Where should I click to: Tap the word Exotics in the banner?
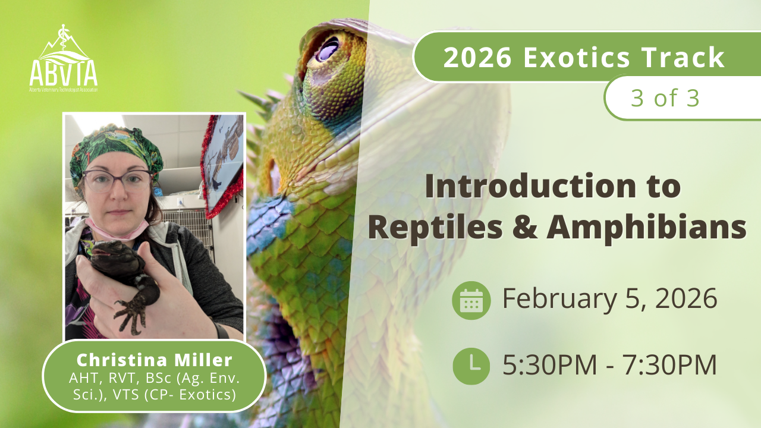577,57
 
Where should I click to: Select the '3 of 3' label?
665,98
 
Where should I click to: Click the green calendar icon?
471,300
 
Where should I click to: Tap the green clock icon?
471,366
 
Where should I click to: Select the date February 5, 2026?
610,298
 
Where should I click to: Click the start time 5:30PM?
550,365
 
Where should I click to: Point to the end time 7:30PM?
669,365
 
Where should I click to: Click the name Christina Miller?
154,360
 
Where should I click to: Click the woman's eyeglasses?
118,180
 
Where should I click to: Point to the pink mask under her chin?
117,229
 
